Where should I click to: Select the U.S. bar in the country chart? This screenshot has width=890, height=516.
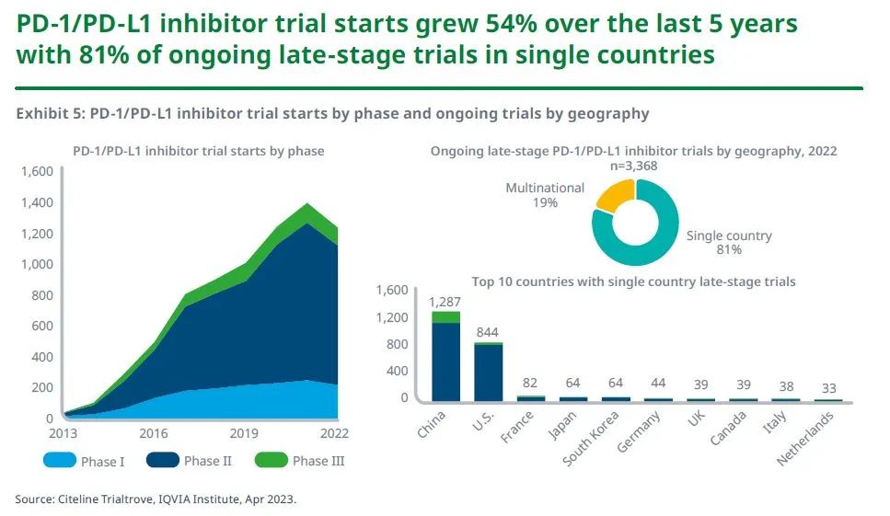coord(488,372)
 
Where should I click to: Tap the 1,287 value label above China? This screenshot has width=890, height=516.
coord(445,301)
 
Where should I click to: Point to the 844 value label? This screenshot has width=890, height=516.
coord(488,332)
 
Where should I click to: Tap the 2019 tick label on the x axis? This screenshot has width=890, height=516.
coord(243,433)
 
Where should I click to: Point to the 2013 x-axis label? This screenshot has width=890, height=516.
coord(62,433)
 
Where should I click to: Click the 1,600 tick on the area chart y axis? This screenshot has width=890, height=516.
coord(38,171)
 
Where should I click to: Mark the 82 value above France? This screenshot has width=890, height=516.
coord(531,384)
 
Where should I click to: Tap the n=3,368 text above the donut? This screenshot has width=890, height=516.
coord(634,166)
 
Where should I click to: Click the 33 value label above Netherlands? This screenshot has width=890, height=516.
coord(830,388)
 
